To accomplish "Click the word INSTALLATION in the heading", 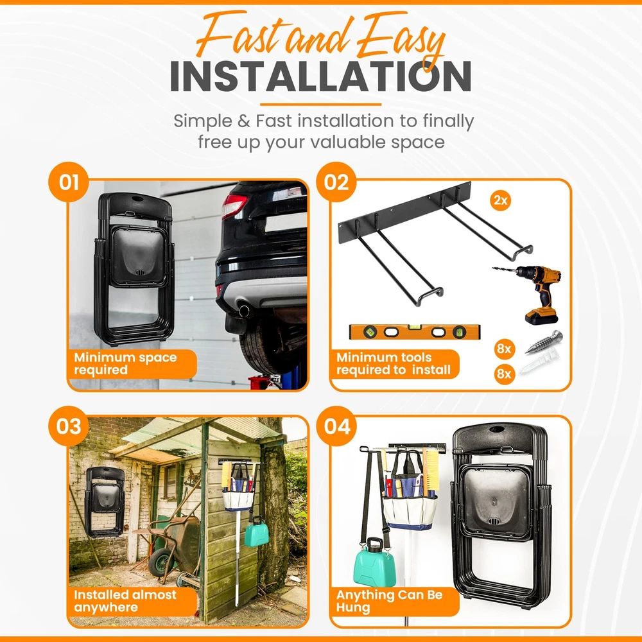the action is [x=320, y=76].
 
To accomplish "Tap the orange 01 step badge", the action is [x=69, y=182].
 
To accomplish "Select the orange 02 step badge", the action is [x=336, y=182].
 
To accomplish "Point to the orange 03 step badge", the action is [x=69, y=426].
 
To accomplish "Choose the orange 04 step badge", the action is [x=336, y=426].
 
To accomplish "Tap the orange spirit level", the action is [x=414, y=332].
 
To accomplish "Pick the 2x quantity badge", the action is [x=500, y=200].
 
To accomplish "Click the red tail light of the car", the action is [x=234, y=206].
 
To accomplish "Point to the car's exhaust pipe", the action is [x=244, y=310].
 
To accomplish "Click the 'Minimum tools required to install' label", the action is [x=394, y=363].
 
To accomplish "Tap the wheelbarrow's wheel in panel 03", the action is [x=160, y=562].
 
